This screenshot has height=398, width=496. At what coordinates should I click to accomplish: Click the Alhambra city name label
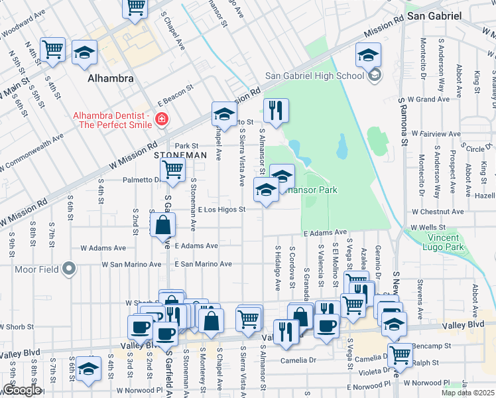tap(111, 78)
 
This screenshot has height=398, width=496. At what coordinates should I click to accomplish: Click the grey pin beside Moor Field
tap(68, 269)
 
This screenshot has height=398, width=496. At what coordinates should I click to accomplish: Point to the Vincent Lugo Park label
tap(434, 243)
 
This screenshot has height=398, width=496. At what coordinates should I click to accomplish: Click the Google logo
tap(22, 390)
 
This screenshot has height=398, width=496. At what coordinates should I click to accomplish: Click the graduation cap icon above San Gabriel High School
tap(368, 54)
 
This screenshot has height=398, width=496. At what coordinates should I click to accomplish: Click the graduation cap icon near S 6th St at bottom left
tap(88, 367)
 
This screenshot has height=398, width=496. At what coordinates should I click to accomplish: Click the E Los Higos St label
tap(222, 210)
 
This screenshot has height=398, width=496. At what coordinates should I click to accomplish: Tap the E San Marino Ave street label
tap(204, 264)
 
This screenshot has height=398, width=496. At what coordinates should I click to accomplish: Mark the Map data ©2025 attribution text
tap(467, 393)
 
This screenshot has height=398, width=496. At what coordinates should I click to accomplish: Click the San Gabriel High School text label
tap(314, 76)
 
